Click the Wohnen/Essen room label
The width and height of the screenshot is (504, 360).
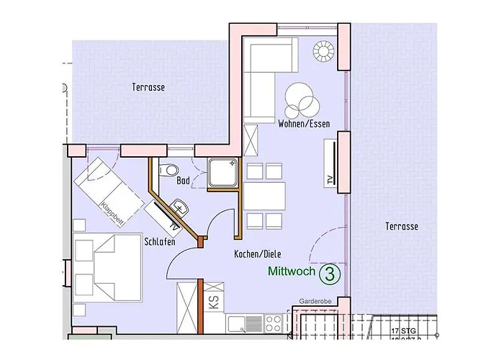click(x=303, y=125)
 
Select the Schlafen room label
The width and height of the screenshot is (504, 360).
click(x=160, y=242)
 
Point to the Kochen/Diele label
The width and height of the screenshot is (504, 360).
click(x=257, y=255)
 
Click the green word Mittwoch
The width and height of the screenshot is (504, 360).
click(x=292, y=273)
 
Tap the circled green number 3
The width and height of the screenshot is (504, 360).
click(x=330, y=274)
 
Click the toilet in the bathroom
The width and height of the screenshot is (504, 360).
click(x=168, y=170)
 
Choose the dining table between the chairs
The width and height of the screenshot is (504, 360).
click(x=264, y=194)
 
